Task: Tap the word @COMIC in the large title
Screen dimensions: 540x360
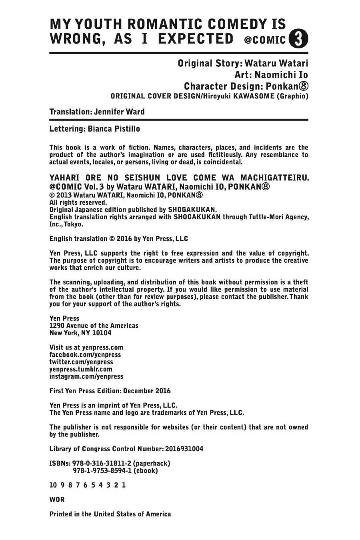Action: click(x=265, y=40)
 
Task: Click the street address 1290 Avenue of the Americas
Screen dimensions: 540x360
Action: click(x=94, y=326)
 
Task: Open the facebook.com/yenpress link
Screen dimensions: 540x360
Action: click(x=85, y=354)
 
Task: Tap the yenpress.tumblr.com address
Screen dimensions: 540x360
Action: click(x=81, y=369)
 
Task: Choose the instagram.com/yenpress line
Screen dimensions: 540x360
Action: click(x=86, y=376)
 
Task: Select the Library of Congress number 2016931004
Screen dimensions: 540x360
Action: click(x=184, y=449)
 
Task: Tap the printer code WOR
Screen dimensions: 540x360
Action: click(x=57, y=500)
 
